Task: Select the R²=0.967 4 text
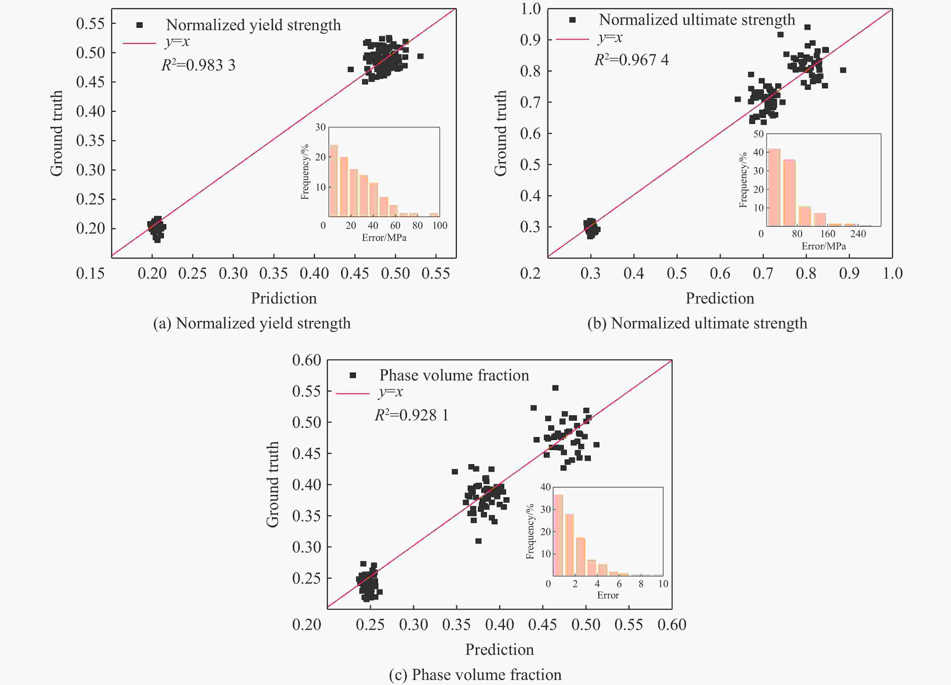(x=631, y=60)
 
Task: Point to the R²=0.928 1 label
(x=411, y=415)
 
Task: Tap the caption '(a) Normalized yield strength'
(x=252, y=323)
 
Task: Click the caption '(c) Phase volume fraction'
(x=475, y=674)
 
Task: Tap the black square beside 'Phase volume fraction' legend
(x=353, y=375)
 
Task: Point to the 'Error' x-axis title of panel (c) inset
(x=608, y=595)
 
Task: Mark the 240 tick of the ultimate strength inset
(x=858, y=234)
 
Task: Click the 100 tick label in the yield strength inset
(x=440, y=226)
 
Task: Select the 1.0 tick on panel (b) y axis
(x=530, y=9)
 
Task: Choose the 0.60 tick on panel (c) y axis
(x=306, y=360)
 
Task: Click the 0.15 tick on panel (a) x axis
(x=90, y=273)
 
